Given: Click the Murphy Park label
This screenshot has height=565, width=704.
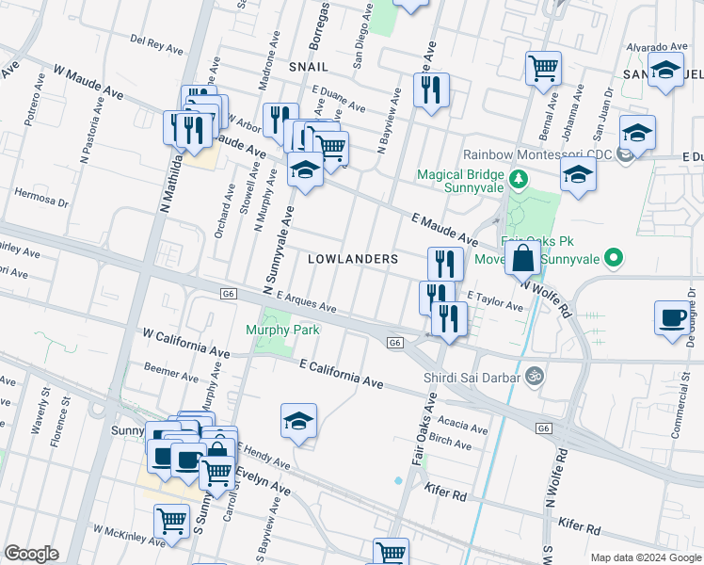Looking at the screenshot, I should (x=283, y=330).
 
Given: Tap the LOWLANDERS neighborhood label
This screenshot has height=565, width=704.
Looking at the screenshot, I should (x=353, y=258).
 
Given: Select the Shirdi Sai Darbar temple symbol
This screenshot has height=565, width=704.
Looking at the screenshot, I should (x=536, y=376).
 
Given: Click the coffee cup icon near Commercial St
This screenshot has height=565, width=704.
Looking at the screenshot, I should (x=672, y=318).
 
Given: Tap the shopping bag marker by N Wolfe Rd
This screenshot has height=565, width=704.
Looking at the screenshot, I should (x=522, y=256).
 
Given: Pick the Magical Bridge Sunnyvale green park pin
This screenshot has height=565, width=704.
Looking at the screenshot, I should (x=517, y=177).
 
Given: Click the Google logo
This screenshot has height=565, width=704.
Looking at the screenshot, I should (x=31, y=554).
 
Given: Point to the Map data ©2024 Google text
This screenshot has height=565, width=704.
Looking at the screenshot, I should (x=645, y=557).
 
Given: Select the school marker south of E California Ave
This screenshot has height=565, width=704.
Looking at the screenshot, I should (x=298, y=422).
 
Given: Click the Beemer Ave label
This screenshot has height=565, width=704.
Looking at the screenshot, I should (x=171, y=374).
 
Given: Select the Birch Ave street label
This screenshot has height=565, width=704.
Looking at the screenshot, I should (x=449, y=441).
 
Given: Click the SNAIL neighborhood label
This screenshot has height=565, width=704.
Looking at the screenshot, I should (x=309, y=67).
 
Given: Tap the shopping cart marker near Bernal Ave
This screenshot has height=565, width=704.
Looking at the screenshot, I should (x=543, y=68).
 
